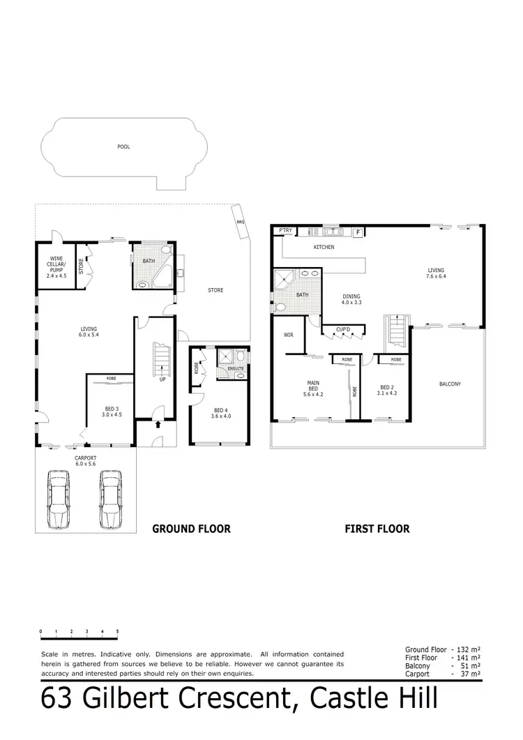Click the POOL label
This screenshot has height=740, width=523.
[x=123, y=147]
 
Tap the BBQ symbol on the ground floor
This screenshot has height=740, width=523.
[x=241, y=222]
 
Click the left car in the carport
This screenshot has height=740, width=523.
[x=58, y=499]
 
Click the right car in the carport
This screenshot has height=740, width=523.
[x=111, y=499]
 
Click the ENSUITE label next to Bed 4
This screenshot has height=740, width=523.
[x=236, y=368]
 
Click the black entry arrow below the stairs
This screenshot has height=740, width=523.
[x=158, y=423]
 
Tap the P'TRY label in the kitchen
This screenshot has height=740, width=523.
[x=285, y=230]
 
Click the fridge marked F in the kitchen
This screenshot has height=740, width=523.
[x=359, y=232]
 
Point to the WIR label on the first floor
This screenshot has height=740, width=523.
[x=289, y=335]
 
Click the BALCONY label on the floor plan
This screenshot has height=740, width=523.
[x=450, y=384]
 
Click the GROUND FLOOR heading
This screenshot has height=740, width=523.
[x=191, y=529]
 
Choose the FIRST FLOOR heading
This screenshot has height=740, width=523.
[x=377, y=529]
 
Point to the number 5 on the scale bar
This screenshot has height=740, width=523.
[x=117, y=631]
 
